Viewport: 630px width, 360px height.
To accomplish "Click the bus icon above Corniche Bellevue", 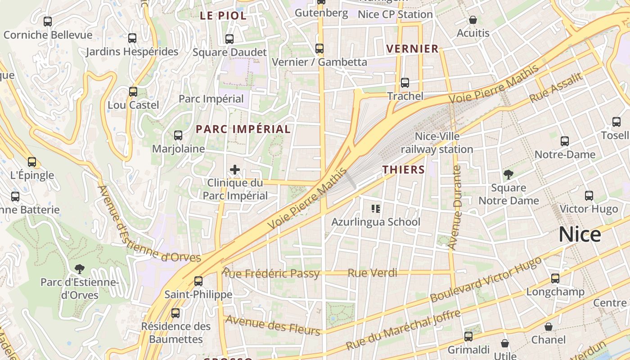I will click(47, 21).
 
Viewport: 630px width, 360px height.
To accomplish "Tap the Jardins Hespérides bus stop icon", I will click(132, 38).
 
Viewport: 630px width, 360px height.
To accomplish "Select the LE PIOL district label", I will click(223, 16).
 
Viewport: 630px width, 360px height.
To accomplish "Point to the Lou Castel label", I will click(133, 105).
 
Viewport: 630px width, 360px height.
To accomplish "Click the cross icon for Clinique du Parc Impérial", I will click(235, 170).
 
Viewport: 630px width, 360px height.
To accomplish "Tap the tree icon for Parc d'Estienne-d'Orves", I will click(80, 269).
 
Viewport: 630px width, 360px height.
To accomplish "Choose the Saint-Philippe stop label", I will click(198, 295).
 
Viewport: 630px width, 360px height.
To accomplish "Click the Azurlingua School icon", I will click(376, 208).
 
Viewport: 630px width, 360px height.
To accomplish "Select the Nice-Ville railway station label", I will click(437, 143).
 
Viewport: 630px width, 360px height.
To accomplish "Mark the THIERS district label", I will click(404, 170).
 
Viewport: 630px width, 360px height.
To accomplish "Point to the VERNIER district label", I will click(412, 49).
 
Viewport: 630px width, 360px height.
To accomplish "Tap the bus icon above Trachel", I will click(405, 83).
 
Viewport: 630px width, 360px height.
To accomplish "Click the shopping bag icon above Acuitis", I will click(473, 20).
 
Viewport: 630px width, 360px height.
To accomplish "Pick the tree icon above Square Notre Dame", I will click(508, 174).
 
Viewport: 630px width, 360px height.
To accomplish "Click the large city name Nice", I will click(580, 235).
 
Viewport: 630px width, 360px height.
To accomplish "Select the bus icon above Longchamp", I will click(555, 279).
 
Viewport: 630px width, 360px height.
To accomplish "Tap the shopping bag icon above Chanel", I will click(548, 327).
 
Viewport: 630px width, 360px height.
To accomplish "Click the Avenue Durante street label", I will click(455, 207).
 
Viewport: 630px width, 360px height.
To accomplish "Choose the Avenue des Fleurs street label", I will click(273, 325).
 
